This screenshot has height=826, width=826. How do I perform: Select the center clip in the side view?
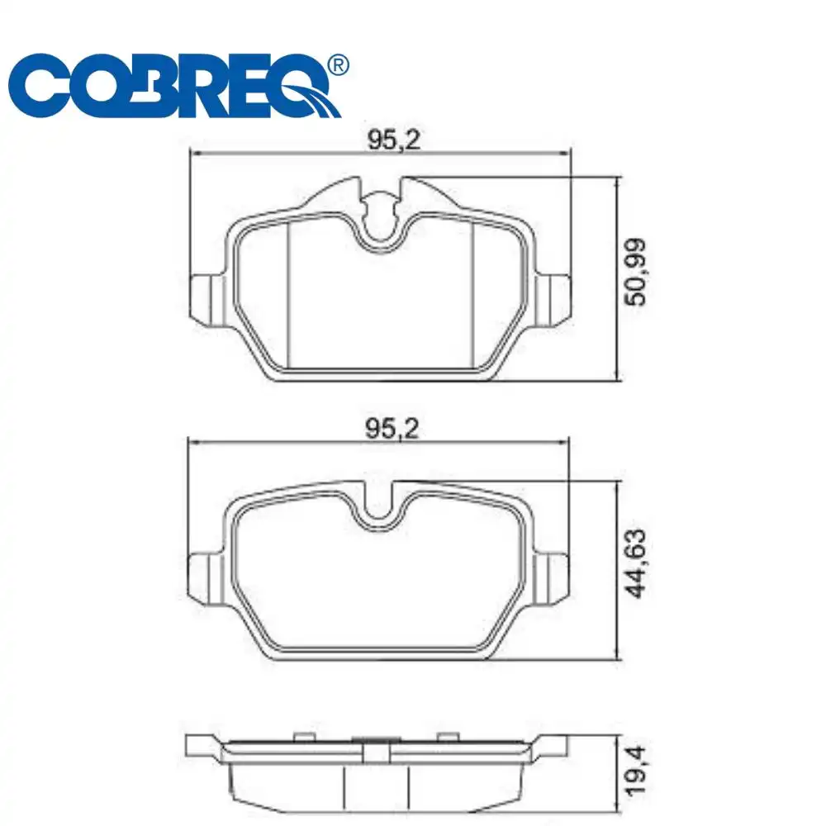(377, 752)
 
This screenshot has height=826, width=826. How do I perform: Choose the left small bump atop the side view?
(303, 736)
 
